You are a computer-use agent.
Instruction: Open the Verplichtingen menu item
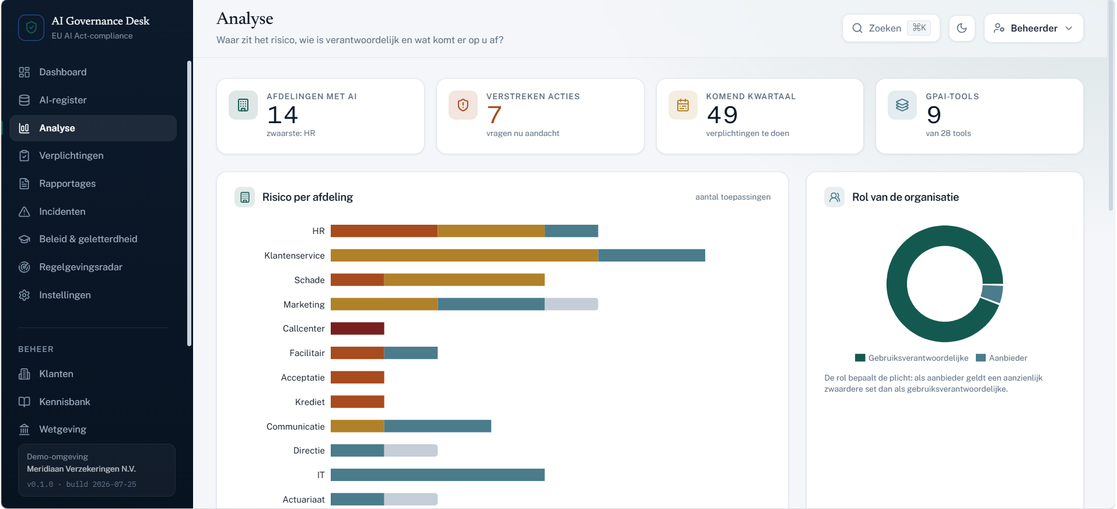(71, 156)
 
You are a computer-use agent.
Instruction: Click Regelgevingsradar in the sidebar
(80, 267)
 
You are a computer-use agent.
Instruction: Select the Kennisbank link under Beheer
(64, 402)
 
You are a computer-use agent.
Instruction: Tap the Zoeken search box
(891, 28)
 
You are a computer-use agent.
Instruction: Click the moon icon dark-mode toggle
(962, 28)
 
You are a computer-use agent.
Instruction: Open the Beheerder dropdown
(1034, 28)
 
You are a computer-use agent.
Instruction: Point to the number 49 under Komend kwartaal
(722, 115)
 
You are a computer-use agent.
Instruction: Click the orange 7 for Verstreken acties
(494, 115)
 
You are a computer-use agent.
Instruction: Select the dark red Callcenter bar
(358, 329)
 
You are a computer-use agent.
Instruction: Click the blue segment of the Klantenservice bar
(652, 256)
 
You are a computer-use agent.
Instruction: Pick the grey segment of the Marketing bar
(571, 304)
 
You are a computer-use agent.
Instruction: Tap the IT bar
(437, 475)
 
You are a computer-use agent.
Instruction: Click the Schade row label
(309, 280)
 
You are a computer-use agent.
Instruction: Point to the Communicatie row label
(295, 427)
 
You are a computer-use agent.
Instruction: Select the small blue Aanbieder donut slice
(992, 293)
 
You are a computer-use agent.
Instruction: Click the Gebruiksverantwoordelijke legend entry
(912, 358)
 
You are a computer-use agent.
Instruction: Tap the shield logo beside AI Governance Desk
(31, 27)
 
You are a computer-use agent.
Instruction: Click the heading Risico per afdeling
(307, 197)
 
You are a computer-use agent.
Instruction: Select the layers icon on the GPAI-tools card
(902, 105)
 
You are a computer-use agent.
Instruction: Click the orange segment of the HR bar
(384, 231)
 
